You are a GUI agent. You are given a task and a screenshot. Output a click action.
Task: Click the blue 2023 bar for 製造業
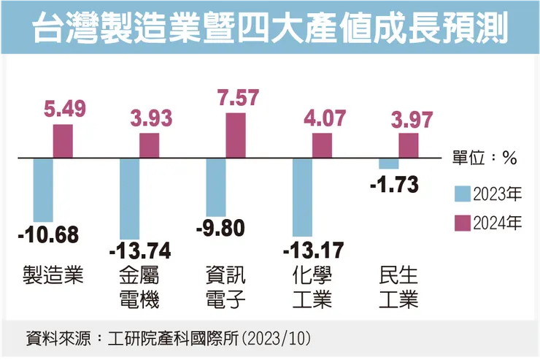pos(43,189)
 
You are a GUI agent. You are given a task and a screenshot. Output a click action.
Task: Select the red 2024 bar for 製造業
pos(63,141)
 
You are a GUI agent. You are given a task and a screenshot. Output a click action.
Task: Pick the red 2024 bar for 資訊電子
pos(236,134)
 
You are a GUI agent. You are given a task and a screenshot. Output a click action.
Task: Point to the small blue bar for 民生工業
pos(388,164)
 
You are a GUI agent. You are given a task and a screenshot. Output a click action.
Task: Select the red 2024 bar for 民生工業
pos(409,145)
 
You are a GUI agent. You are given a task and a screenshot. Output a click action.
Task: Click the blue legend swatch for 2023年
pos(461,194)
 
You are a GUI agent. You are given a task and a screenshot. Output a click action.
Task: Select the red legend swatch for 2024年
pos(461,222)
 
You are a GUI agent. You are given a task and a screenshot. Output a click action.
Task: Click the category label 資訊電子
pos(226,287)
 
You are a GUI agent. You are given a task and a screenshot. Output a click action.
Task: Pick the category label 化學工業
pos(312,287)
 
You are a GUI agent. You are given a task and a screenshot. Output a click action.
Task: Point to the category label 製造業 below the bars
pos(53,275)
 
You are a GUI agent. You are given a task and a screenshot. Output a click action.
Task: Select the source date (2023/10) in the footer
pos(281,339)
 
